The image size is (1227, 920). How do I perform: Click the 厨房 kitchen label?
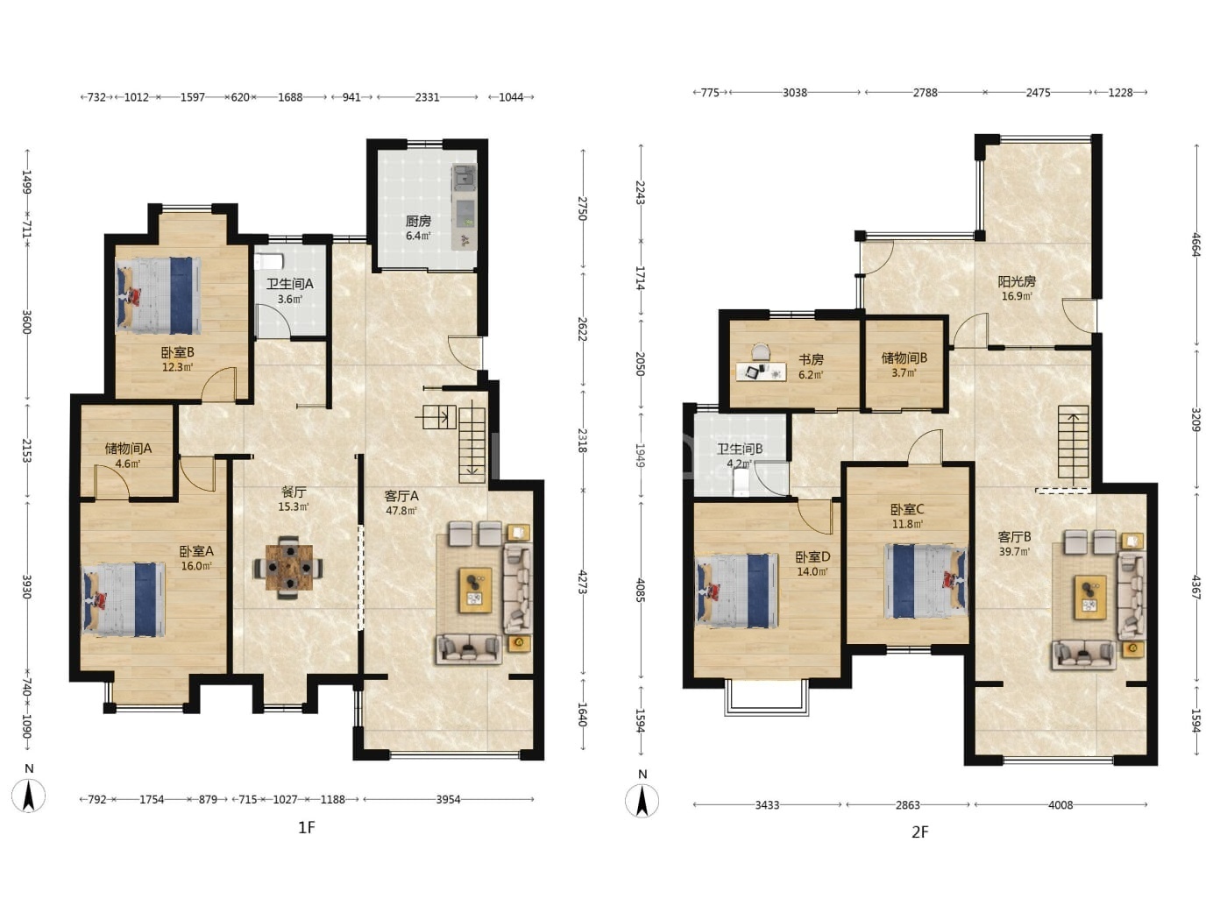[x=418, y=221]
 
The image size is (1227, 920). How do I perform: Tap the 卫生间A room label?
[x=289, y=284]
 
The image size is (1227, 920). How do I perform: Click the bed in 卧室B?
[x=159, y=295]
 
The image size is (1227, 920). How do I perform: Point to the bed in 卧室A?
[x=124, y=598]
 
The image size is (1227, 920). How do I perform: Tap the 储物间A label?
[x=128, y=448]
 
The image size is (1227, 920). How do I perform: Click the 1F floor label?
[x=307, y=827]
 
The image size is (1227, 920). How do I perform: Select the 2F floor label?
[x=919, y=832]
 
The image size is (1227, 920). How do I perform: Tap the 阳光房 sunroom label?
[x=1017, y=281]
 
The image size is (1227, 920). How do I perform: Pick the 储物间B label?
[x=904, y=358]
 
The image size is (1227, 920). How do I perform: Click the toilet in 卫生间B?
[x=741, y=483]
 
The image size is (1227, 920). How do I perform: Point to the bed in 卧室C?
[x=926, y=581]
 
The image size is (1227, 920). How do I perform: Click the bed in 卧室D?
[x=737, y=591]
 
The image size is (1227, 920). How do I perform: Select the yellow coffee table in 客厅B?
[x=1089, y=598]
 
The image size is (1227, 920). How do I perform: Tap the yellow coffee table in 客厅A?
[x=475, y=591]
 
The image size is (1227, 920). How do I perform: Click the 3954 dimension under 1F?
[x=449, y=799]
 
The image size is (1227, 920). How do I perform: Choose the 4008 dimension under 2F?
[x=1060, y=805]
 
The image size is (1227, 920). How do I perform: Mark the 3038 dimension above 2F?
[x=794, y=93]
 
